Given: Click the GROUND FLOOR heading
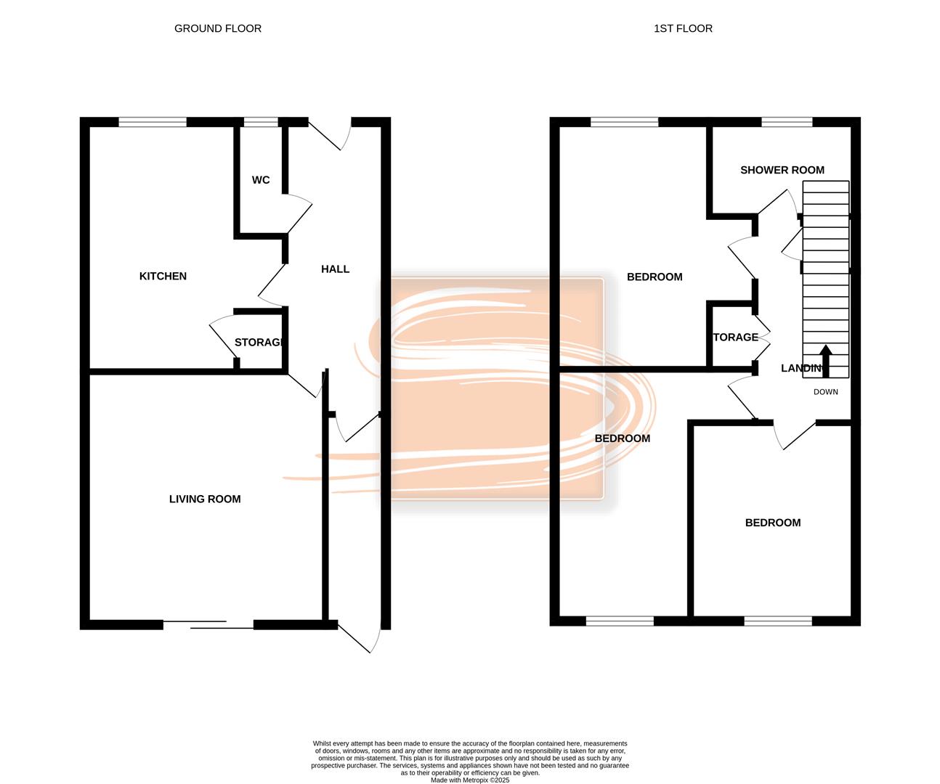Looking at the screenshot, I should (218, 28).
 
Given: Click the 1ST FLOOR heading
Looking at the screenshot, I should (683, 28).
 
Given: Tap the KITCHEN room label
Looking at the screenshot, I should (163, 276).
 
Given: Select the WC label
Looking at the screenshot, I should (261, 180).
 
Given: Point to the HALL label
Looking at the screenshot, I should (335, 269).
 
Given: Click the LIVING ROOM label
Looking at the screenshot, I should (205, 499).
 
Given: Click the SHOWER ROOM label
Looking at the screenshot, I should (782, 170).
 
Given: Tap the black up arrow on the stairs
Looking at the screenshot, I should (825, 359).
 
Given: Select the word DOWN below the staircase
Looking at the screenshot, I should (825, 392).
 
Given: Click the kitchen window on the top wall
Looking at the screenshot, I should (153, 122).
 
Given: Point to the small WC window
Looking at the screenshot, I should (261, 122).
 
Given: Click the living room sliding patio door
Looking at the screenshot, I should (208, 624).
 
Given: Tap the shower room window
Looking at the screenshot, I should (786, 122).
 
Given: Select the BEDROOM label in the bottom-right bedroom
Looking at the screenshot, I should (773, 523).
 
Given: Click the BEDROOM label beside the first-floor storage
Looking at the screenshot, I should (655, 277).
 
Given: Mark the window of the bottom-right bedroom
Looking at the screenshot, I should (777, 621).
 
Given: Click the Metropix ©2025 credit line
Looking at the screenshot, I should (470, 780).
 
